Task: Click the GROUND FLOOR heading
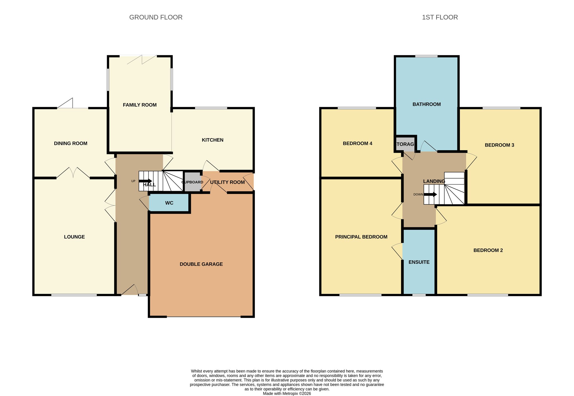point(156,17)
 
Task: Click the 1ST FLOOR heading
point(440,17)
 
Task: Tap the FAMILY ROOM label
point(140,105)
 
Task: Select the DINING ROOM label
point(71,143)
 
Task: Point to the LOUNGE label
point(74,237)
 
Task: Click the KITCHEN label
point(212,140)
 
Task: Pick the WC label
point(169,203)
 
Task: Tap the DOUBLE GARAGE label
point(201,264)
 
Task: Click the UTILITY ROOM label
point(227,182)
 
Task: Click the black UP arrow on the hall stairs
point(145,181)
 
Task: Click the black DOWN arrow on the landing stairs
point(430,194)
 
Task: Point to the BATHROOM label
point(427,104)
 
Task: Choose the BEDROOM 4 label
point(357,143)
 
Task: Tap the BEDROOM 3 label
point(499,145)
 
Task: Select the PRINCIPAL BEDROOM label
point(361,237)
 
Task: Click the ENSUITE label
point(419,262)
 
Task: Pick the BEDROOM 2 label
point(488,250)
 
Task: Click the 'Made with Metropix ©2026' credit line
point(287,393)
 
